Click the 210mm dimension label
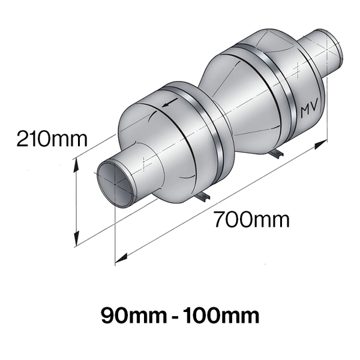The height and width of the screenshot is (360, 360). pyautogui.click(x=52, y=139)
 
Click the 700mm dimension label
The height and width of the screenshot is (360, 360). pyautogui.click(x=252, y=219)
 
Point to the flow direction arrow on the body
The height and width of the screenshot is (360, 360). pyautogui.click(x=170, y=103)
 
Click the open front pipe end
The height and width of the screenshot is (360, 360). pyautogui.click(x=115, y=184)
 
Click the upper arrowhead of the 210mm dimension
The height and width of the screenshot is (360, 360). pyautogui.click(x=76, y=166)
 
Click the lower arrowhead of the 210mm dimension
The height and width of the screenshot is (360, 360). pyautogui.click(x=76, y=239)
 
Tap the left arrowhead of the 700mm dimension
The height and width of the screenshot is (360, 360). pyautogui.click(x=121, y=258)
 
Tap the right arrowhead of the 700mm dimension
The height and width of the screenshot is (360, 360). pyautogui.click(x=321, y=145)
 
